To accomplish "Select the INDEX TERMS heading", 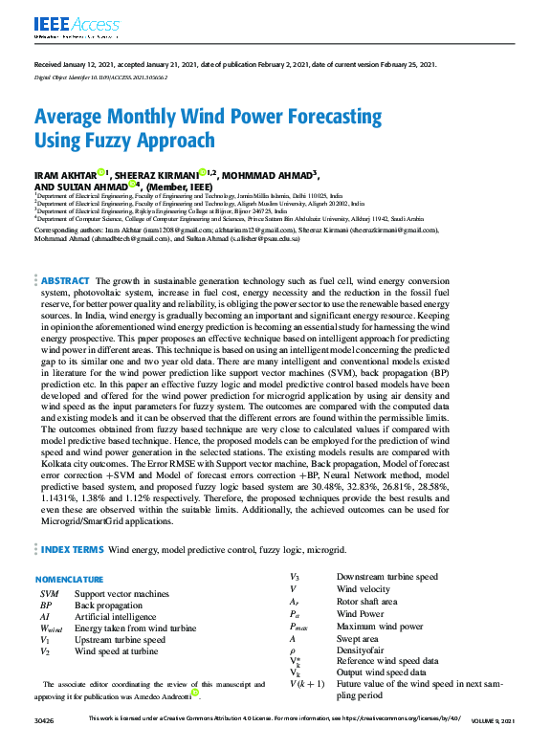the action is pyautogui.click(x=71, y=550).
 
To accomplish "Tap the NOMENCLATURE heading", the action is pyautogui.click(x=69, y=580).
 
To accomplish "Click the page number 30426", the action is pyautogui.click(x=42, y=719).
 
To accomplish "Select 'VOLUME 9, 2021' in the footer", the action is pyautogui.click(x=493, y=719).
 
